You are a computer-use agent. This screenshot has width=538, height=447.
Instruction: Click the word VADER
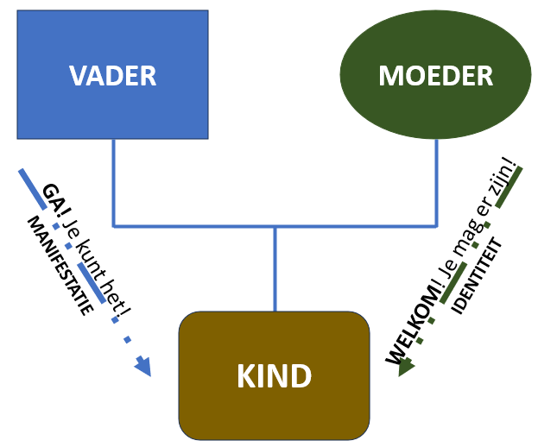(x=112, y=76)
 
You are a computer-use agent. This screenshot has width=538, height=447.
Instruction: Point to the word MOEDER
(x=435, y=76)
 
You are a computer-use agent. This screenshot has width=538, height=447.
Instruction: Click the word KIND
(x=275, y=376)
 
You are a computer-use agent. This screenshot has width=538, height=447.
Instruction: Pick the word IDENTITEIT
(x=479, y=277)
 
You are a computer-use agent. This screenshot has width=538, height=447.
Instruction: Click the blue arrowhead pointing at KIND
(x=142, y=368)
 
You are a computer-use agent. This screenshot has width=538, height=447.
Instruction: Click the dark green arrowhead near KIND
(x=407, y=366)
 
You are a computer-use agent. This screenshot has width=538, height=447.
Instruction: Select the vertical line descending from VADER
(x=114, y=182)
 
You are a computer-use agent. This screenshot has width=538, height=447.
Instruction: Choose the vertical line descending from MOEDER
(x=436, y=182)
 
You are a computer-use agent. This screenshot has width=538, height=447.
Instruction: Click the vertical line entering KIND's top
(x=275, y=268)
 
